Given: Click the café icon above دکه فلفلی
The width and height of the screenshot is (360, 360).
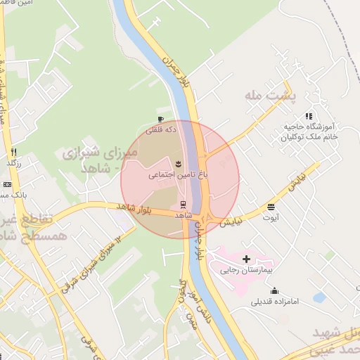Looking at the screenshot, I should point(162,119).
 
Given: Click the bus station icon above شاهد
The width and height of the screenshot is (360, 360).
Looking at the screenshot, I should point(184,205).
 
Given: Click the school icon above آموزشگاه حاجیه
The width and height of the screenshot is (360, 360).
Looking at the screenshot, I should point(308,116).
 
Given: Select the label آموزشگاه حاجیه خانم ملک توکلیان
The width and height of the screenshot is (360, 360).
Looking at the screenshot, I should point(310,131).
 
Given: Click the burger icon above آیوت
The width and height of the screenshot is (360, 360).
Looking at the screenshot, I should point(271,207).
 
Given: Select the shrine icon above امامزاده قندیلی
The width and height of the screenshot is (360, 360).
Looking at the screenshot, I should point(274,291).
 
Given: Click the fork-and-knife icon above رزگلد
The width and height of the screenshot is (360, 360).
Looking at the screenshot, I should point(13,152).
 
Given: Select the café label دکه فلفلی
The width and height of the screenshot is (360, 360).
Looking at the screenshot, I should point(161,130).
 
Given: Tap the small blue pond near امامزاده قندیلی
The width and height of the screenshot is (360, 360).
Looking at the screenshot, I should point(319,297).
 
